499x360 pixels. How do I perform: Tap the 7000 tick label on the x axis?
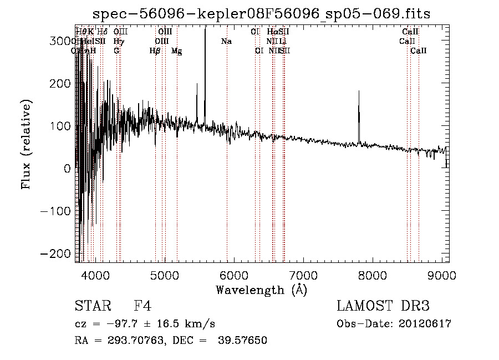click(303, 275)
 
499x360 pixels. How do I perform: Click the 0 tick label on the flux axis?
click(67, 169)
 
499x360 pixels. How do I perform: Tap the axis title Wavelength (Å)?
click(261, 290)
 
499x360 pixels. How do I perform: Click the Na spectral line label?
click(226, 42)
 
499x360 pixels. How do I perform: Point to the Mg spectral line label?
click(176, 51)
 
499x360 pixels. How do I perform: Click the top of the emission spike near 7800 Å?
click(359, 91)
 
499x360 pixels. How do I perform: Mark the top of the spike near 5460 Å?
click(197, 84)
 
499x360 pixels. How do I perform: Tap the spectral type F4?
click(142, 306)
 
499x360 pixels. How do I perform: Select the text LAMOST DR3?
click(383, 306)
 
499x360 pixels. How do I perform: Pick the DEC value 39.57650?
click(243, 341)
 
